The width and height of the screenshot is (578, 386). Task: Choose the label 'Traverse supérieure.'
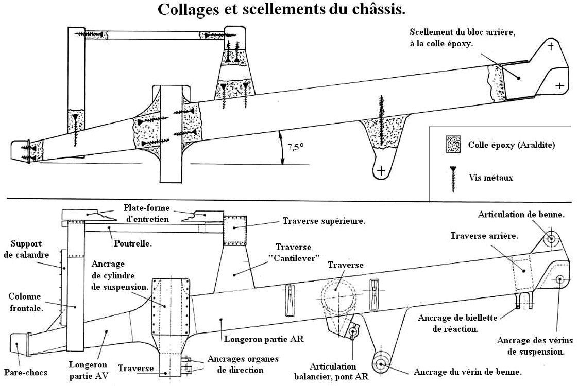[x=324, y=222]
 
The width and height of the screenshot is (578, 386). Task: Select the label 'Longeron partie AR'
[x=264, y=339]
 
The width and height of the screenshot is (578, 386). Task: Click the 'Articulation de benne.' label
[x=521, y=214]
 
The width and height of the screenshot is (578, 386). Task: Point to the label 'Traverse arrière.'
[x=484, y=236]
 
